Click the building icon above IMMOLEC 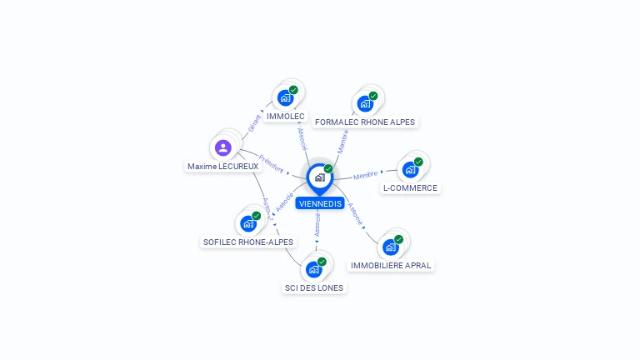pyautogui.click(x=286, y=97)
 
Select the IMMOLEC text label pyautogui.click(x=285, y=117)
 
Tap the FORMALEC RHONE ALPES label pyautogui.click(x=365, y=122)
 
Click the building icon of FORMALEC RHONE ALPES pyautogui.click(x=365, y=103)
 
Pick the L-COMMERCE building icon pyautogui.click(x=410, y=169)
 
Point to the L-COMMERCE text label pyautogui.click(x=410, y=188)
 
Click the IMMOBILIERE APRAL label pyautogui.click(x=392, y=266)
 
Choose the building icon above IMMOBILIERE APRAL pyautogui.click(x=390, y=247)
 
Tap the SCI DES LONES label pyautogui.click(x=314, y=287)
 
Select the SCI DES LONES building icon pyautogui.click(x=314, y=268)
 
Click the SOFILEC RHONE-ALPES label pyautogui.click(x=248, y=242)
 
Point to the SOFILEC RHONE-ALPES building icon pyautogui.click(x=248, y=222)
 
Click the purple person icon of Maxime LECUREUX pyautogui.click(x=222, y=147)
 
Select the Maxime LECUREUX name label pyautogui.click(x=222, y=167)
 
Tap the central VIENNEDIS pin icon pyautogui.click(x=319, y=177)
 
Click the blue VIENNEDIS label pyautogui.click(x=319, y=203)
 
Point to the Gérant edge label pyautogui.click(x=254, y=123)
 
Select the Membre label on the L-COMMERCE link pyautogui.click(x=366, y=175)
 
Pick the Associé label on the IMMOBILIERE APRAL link pyautogui.click(x=355, y=214)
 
